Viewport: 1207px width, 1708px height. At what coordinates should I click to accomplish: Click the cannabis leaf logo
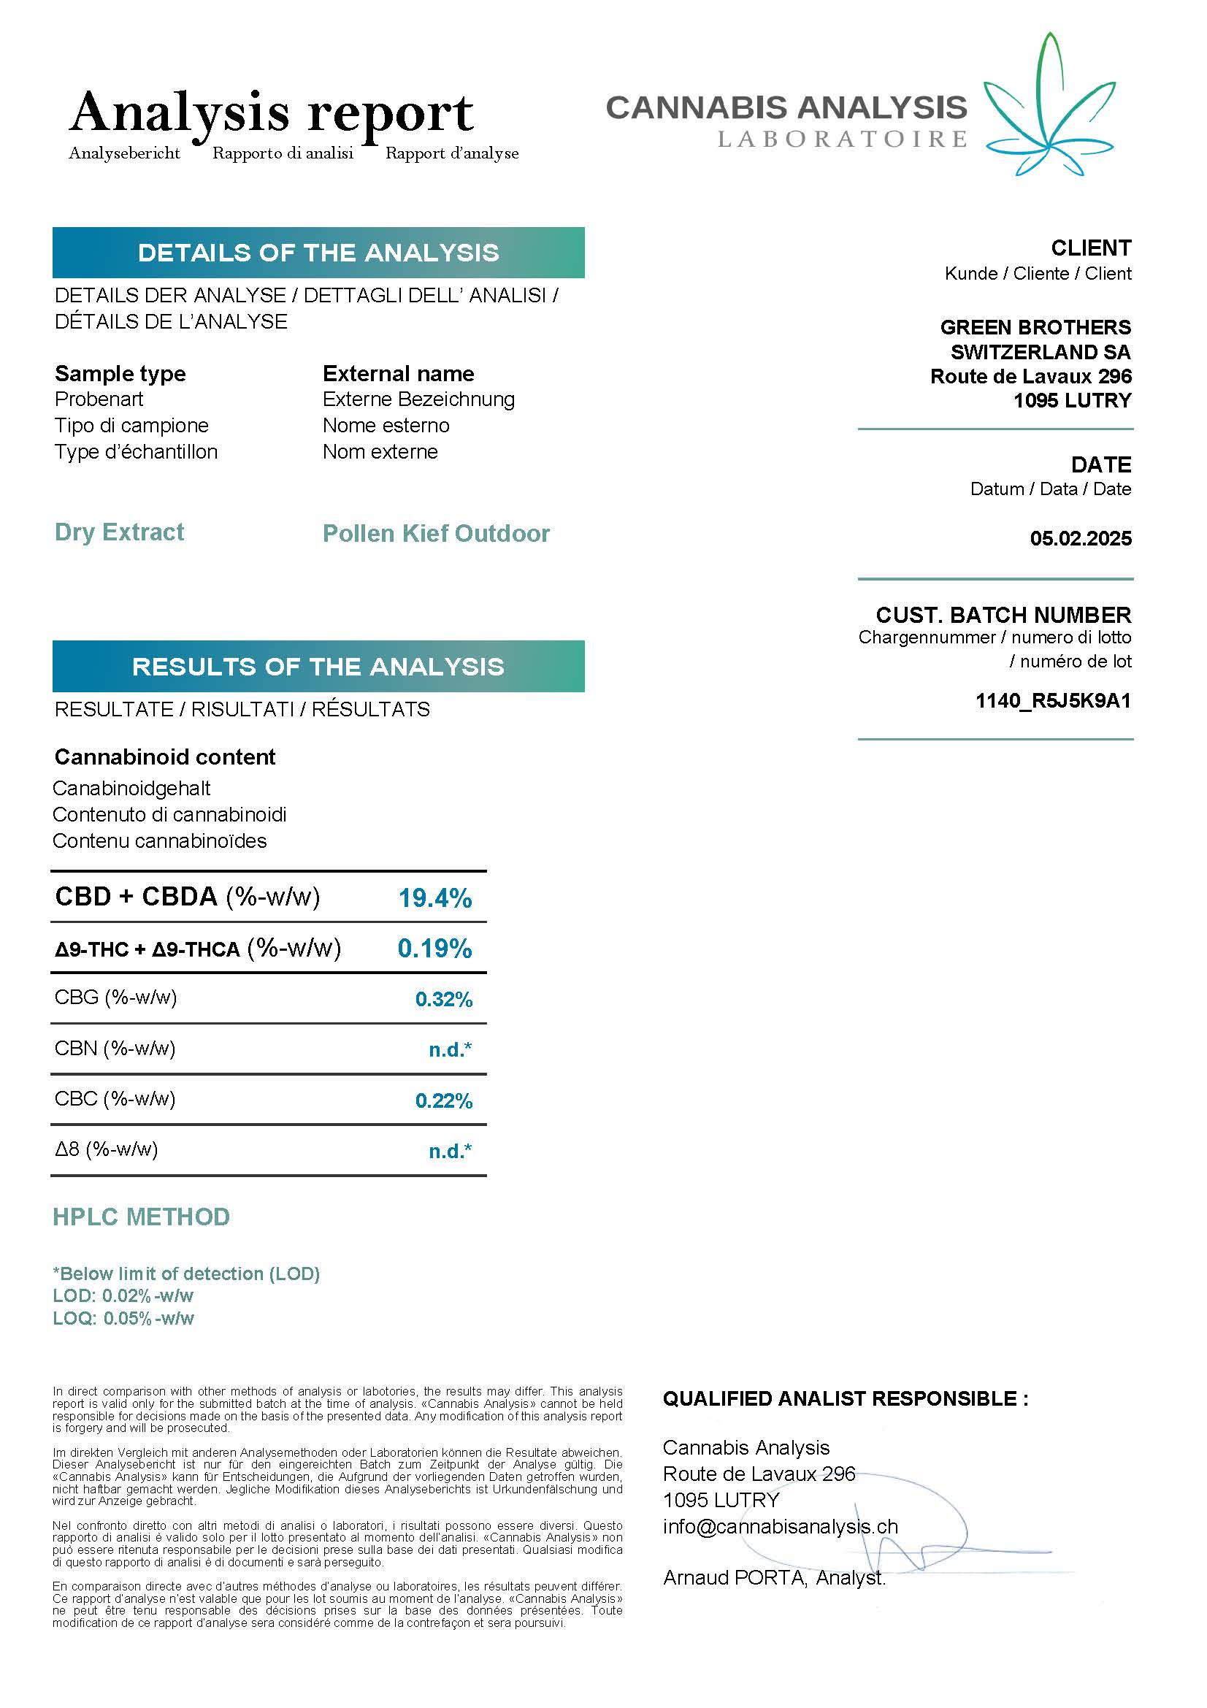pos(1049,108)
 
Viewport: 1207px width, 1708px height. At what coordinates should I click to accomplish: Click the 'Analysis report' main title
pos(272,112)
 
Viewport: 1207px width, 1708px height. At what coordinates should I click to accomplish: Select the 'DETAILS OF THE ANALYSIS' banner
pos(318,253)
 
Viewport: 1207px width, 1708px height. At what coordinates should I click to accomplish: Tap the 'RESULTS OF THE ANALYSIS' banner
pos(318,667)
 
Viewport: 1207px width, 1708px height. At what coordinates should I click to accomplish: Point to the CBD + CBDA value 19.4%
pos(435,898)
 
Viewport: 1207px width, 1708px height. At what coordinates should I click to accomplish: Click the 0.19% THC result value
pos(435,949)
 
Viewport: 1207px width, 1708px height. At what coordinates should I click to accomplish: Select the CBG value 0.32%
pos(444,999)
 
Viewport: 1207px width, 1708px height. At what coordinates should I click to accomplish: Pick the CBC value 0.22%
pos(444,1100)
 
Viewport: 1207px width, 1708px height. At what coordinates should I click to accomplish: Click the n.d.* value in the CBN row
pos(450,1049)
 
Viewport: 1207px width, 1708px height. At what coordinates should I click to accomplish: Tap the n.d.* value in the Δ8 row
pos(450,1151)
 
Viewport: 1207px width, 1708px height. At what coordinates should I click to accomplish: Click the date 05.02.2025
pos(1081,539)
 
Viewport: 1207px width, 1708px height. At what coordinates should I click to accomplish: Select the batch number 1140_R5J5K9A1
pos(1053,701)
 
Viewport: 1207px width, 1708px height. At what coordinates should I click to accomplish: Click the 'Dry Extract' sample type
pos(120,532)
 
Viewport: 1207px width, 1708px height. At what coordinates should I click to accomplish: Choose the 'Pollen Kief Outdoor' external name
pos(437,534)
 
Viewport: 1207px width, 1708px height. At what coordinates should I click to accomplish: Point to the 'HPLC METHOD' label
pos(142,1217)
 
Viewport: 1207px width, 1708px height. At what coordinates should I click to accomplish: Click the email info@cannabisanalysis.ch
pos(780,1527)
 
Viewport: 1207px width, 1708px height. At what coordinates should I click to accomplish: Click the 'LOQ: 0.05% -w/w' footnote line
pos(123,1319)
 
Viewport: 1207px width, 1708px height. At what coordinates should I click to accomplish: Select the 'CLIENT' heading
pos(1091,248)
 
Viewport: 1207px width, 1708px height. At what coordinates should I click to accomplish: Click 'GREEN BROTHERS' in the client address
pos(1035,327)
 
